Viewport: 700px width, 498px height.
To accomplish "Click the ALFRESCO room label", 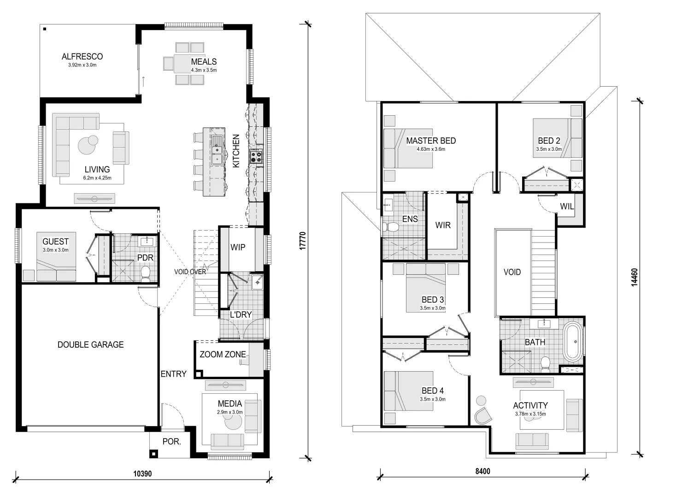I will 82,57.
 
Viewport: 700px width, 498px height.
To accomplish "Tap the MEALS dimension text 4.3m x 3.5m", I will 204,71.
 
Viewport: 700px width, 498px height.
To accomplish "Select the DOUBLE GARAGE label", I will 90,344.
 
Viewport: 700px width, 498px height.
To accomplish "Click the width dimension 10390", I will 142,474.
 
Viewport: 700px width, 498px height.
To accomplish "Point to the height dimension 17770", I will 303,241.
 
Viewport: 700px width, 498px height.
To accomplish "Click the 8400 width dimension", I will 482,471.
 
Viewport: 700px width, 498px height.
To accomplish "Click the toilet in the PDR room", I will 146,273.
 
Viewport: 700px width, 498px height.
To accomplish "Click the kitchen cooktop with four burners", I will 256,157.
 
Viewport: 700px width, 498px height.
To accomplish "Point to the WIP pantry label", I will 238,248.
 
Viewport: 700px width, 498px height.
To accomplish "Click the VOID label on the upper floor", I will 512,272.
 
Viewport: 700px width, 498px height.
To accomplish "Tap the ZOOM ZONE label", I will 222,355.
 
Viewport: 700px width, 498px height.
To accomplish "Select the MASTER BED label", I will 431,141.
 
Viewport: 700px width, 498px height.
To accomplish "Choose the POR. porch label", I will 171,442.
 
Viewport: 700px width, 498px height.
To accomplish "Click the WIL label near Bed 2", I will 567,207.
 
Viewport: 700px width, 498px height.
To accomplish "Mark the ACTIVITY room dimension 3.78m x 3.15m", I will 530,414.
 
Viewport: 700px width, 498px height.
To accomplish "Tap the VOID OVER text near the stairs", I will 190,272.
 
